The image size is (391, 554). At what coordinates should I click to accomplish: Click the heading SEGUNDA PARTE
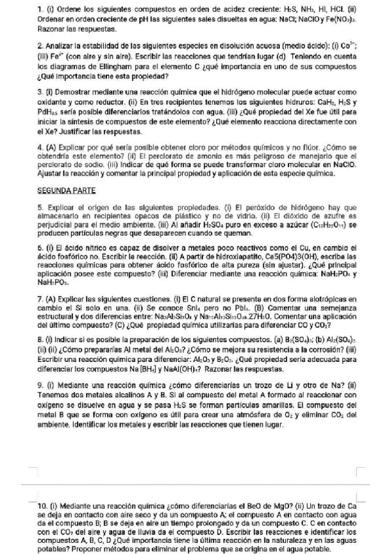click(67, 190)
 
